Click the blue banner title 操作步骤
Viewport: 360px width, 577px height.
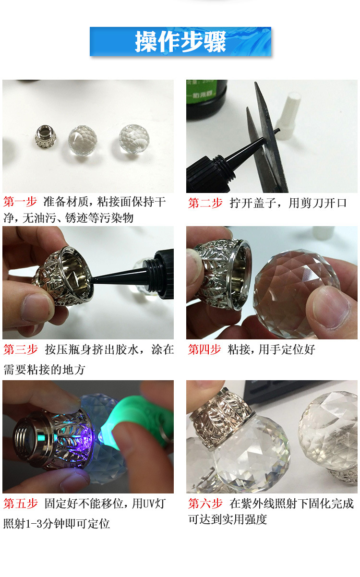(x=180, y=42)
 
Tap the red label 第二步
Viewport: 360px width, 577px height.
(x=205, y=203)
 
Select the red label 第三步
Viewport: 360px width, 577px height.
(x=20, y=349)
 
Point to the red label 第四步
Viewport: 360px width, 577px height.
(x=204, y=349)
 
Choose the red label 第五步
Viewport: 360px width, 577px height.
(x=20, y=504)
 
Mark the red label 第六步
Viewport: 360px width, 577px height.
(x=205, y=504)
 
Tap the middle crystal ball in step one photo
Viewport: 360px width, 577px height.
(x=83, y=140)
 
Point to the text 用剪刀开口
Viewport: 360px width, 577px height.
(x=317, y=203)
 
